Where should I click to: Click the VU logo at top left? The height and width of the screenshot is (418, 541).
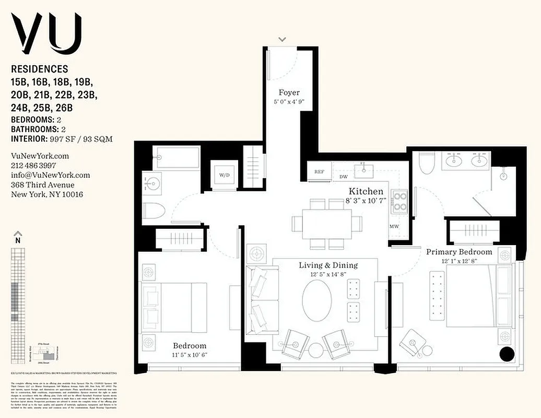click(47, 31)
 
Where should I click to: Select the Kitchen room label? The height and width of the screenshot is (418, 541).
click(366, 191)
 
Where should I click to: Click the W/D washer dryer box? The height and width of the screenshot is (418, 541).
click(225, 175)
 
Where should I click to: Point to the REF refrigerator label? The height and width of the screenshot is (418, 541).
click(320, 171)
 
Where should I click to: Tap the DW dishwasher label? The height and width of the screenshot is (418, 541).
click(344, 177)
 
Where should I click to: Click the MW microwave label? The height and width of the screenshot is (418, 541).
click(394, 227)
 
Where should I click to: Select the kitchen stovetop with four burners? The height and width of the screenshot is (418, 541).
click(400, 202)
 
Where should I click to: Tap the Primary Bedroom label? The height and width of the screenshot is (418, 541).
click(459, 252)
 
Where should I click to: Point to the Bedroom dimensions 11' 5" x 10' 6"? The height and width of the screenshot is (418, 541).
click(190, 356)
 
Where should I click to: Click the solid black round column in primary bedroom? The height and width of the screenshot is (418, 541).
click(507, 354)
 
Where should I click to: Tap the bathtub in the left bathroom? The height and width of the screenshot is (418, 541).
click(178, 157)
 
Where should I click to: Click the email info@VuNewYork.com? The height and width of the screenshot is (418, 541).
click(50, 175)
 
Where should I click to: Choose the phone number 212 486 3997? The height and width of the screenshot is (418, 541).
click(33, 166)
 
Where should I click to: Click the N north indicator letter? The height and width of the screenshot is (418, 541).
click(18, 240)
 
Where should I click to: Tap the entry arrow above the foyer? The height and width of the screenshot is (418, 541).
click(283, 39)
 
